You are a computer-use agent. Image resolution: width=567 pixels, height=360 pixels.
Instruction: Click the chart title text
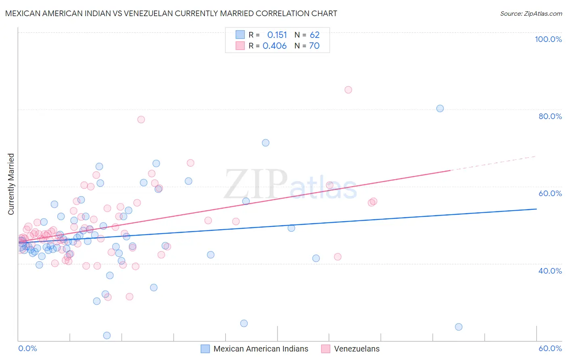[x=171, y=13]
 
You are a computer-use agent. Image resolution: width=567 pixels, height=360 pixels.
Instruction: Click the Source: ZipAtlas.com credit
[x=531, y=13]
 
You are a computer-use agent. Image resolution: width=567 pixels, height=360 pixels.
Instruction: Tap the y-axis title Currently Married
[x=11, y=184]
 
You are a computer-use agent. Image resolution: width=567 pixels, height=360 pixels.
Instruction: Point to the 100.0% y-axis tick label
[x=548, y=39]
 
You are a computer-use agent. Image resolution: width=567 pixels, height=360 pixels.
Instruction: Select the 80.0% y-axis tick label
[x=550, y=116]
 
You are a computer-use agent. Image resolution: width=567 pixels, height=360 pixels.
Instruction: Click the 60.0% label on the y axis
[x=550, y=193]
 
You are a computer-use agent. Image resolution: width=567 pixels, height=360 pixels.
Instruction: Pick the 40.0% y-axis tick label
[x=550, y=271]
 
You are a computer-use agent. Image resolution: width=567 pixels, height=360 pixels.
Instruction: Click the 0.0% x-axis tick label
[x=27, y=348]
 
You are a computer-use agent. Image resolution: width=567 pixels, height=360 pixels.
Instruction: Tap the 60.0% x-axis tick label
[x=550, y=348]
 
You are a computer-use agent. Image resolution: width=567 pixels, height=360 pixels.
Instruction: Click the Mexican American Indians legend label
[x=261, y=349]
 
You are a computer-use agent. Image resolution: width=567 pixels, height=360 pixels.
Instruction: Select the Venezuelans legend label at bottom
[x=356, y=349]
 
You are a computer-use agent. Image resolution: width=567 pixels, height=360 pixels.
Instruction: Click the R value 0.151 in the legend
[x=277, y=35]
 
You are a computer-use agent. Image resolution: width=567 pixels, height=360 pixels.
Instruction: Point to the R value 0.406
[x=275, y=46]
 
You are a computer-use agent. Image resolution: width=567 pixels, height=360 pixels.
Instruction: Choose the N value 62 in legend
[x=315, y=35]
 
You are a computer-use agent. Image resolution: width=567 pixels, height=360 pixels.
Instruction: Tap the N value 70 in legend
[x=314, y=46]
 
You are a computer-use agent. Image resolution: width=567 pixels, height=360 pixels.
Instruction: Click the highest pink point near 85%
[x=348, y=90]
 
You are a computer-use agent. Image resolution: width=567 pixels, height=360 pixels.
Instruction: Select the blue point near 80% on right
[x=440, y=108]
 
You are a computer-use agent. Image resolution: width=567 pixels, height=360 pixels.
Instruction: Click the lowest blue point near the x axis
[x=107, y=335]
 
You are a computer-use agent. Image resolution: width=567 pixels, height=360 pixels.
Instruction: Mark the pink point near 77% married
[x=141, y=119]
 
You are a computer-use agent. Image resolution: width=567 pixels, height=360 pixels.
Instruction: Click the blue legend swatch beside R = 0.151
[x=240, y=35]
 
